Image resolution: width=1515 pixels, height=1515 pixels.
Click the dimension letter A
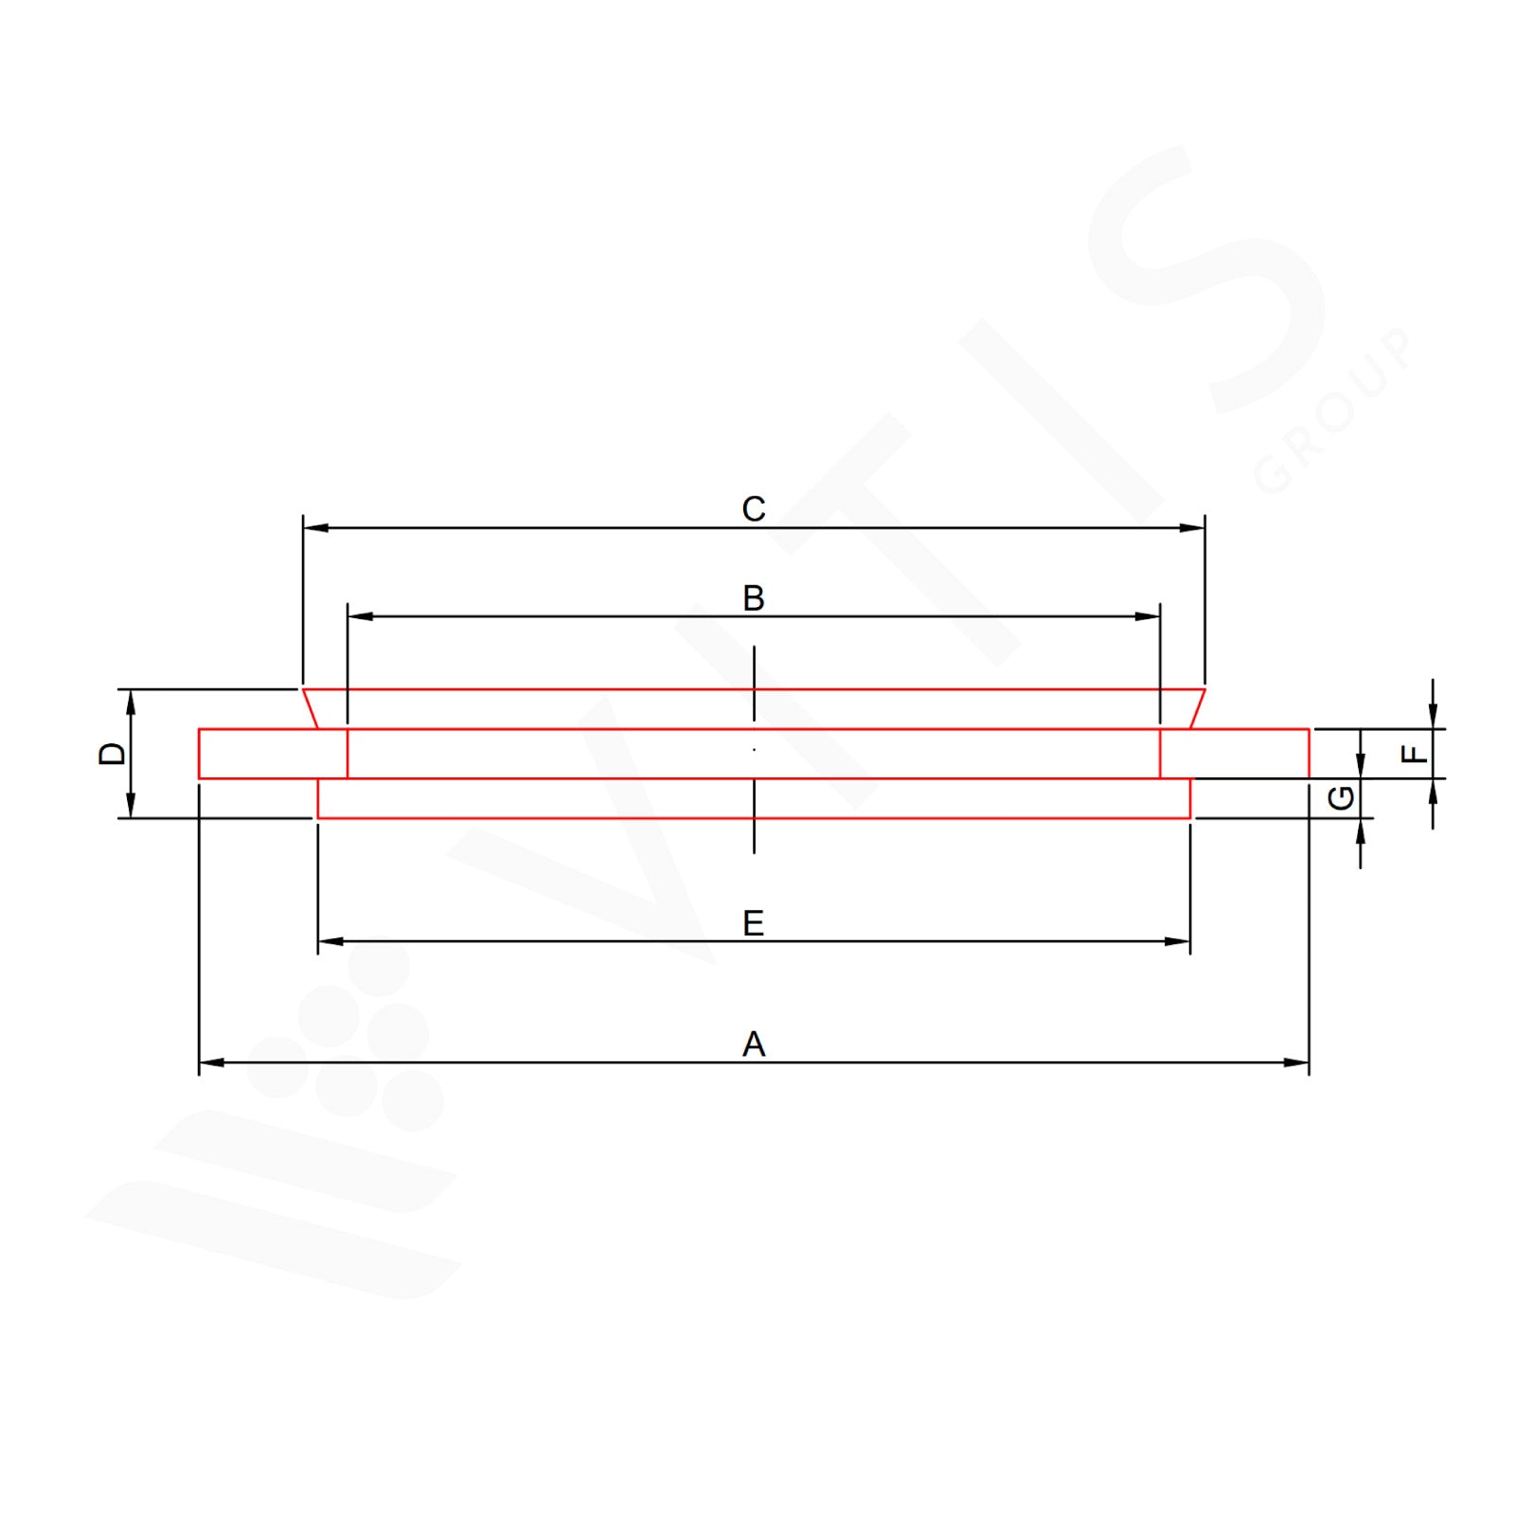tap(753, 1044)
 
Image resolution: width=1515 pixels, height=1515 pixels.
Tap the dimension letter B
tap(753, 598)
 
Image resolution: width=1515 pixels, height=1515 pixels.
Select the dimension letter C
tap(753, 509)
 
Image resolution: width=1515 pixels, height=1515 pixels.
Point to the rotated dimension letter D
tap(112, 754)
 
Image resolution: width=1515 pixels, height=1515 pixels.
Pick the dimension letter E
tap(753, 923)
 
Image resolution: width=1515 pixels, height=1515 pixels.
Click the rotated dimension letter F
tap(1413, 754)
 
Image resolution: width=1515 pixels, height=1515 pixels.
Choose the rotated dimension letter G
tap(1341, 798)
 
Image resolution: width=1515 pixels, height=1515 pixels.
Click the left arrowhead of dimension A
tap(211, 1062)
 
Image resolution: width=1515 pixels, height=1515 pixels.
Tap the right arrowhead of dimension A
tap(1296, 1062)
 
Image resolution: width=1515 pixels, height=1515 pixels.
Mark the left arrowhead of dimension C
tap(315, 527)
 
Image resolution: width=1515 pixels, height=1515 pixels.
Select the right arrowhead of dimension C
tap(1192, 527)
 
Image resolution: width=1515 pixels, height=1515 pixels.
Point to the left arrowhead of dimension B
tap(360, 616)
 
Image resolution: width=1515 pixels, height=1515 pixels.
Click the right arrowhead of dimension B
tap(1148, 616)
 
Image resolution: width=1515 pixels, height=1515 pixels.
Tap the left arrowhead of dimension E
tap(330, 941)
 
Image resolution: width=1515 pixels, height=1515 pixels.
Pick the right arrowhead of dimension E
tap(1178, 941)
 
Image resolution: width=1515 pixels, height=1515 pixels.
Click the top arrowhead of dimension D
tap(131, 702)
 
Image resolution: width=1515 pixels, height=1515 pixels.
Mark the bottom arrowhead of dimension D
tap(131, 806)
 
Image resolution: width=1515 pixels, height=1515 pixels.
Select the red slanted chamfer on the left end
tap(310, 709)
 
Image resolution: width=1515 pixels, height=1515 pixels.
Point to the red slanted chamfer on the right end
tap(1198, 709)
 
